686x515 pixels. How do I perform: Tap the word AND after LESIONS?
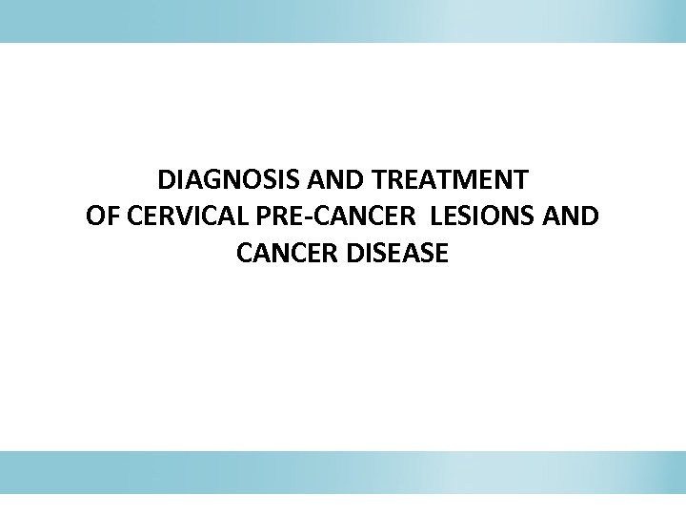[572, 216]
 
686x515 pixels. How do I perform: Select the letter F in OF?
[110, 216]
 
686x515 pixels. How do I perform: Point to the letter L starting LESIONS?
[436, 216]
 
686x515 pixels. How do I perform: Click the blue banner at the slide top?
[343, 21]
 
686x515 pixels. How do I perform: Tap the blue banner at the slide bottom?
[343, 472]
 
